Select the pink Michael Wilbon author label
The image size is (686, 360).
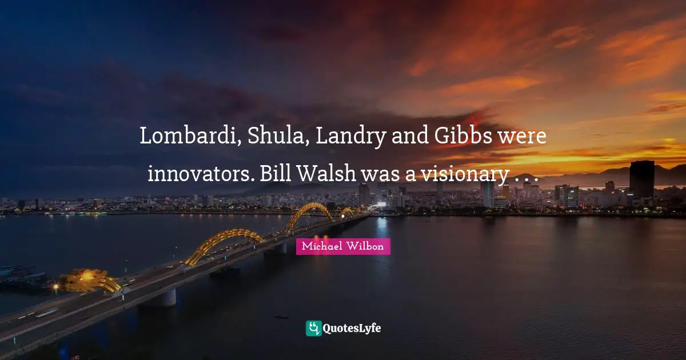pyautogui.click(x=343, y=246)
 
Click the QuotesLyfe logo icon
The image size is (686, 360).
pyautogui.click(x=313, y=328)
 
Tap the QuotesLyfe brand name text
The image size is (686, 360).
pyautogui.click(x=352, y=328)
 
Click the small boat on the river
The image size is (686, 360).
pyautogui.click(x=281, y=316)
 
